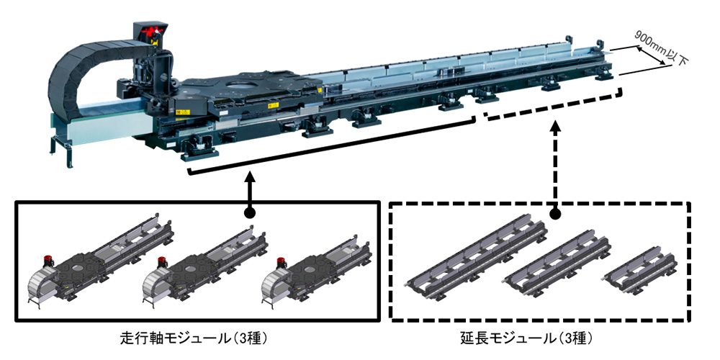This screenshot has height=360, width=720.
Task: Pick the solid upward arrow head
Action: pos(248,178)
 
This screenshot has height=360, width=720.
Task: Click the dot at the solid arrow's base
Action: pos(248,214)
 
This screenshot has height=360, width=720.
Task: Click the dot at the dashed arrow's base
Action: pos(554,214)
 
